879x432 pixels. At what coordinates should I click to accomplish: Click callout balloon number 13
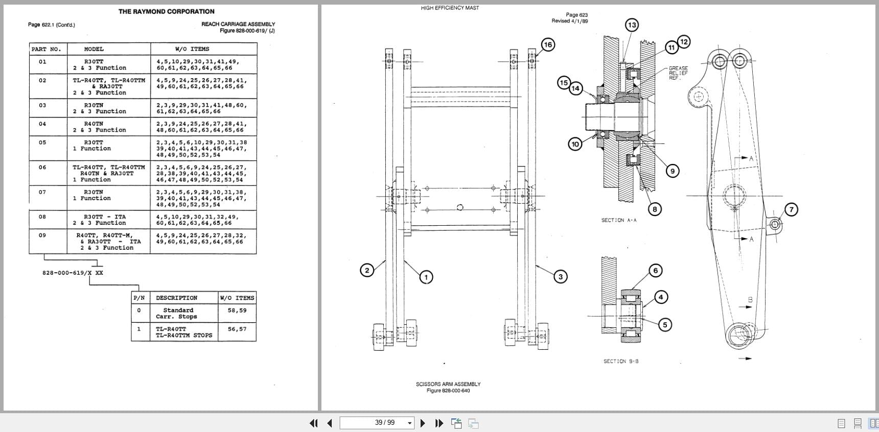632,25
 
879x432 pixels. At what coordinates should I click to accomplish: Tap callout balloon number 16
548,44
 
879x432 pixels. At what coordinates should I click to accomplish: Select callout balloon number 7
791,209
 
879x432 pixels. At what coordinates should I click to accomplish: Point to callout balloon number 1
426,277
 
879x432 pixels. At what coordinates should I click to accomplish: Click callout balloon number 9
673,171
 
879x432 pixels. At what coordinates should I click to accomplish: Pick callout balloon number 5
665,324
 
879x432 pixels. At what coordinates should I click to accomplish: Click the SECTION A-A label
619,220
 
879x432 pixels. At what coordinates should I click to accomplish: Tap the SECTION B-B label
621,361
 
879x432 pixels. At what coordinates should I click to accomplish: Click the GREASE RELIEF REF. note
678,73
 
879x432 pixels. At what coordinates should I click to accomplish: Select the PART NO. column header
46,49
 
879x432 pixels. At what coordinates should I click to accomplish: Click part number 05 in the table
42,142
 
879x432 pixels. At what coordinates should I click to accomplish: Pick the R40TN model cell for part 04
94,124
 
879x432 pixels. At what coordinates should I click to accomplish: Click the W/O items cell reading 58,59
237,310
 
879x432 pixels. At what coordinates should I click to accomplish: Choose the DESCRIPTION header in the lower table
176,298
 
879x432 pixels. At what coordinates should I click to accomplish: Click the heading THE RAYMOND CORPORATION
167,11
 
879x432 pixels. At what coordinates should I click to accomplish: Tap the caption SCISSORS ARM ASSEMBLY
448,384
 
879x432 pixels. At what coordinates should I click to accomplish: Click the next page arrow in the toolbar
423,423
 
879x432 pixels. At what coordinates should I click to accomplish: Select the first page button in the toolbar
314,423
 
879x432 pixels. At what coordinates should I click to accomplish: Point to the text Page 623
576,15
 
